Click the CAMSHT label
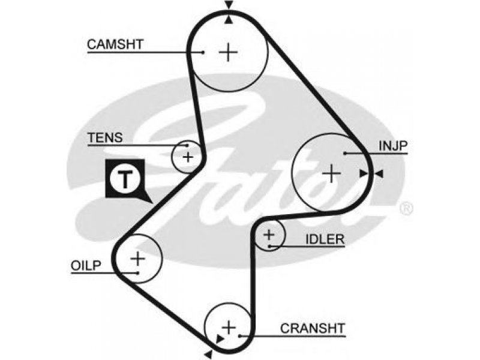115,44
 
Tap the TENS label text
106,138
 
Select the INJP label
393,146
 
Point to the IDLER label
325,239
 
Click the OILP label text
86,265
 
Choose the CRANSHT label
313,328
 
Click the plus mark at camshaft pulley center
228,52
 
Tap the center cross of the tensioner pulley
188,157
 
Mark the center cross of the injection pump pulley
332,173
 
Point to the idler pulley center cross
269,235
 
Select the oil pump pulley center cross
138,259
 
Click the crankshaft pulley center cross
229,328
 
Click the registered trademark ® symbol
406,208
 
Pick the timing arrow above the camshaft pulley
229,5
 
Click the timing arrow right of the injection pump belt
379,174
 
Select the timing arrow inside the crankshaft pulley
220,339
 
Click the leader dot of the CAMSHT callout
203,52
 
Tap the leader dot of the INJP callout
344,153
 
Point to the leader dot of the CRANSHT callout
240,336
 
